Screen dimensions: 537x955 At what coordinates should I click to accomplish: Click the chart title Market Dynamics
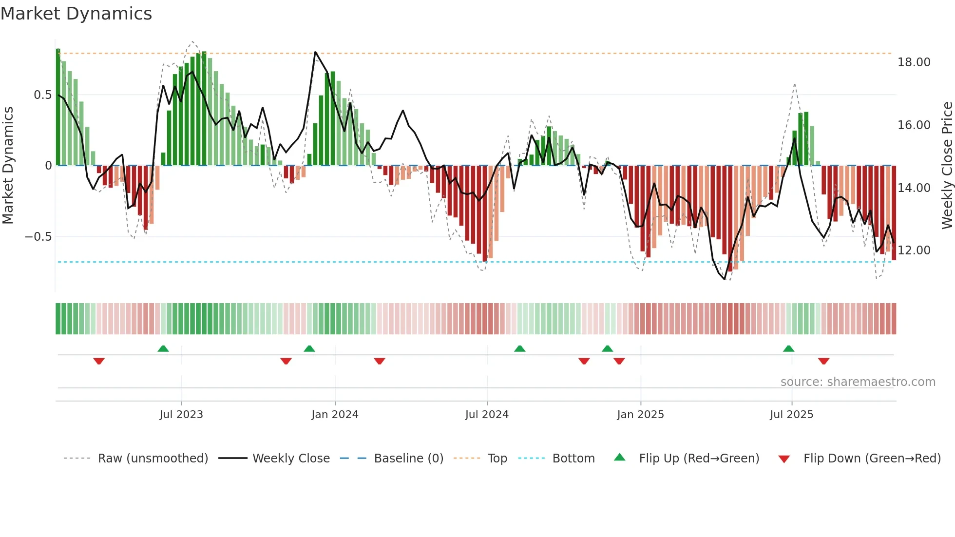(x=76, y=14)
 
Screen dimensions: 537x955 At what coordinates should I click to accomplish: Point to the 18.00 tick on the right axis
(x=914, y=62)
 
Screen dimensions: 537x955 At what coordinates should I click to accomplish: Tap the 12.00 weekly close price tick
(x=914, y=250)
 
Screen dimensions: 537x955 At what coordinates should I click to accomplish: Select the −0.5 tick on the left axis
(x=38, y=237)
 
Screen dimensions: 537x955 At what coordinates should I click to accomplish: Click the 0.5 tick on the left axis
(x=42, y=95)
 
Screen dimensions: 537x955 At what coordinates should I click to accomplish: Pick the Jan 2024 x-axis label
(x=335, y=415)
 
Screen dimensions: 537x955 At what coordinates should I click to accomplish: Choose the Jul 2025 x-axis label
(x=791, y=415)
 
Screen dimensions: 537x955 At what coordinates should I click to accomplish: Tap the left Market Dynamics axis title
(x=8, y=166)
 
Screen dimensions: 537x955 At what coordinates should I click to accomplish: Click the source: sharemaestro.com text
(x=858, y=382)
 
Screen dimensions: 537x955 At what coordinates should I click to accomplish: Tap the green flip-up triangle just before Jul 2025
(x=788, y=348)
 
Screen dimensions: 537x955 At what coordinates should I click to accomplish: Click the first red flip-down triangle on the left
(x=99, y=361)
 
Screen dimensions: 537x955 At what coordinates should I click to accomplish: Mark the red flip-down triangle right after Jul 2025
(x=823, y=361)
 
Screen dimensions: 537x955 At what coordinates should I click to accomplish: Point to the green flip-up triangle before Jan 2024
(x=309, y=348)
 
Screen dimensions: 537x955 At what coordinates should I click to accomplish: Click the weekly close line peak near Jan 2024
(x=316, y=52)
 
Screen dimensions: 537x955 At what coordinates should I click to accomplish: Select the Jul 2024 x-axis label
(x=486, y=415)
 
